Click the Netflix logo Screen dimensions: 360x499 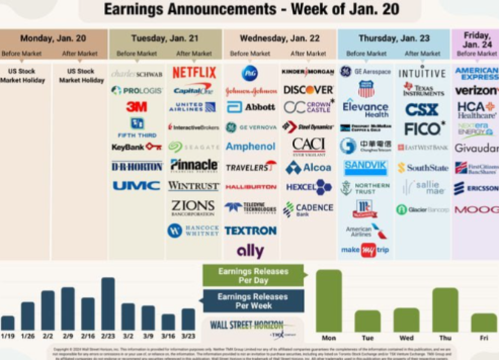point(194,73)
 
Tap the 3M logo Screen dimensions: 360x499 point(136,107)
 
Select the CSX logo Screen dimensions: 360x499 point(421,110)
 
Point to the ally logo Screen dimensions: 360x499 point(250,251)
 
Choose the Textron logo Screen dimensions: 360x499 point(250,231)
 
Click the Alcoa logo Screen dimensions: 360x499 point(308,168)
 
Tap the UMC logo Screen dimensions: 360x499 point(136,186)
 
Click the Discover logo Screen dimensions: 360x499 point(308,90)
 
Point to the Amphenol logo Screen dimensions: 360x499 point(250,146)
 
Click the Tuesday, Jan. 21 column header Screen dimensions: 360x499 point(165,38)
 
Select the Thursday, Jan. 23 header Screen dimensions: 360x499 point(394,38)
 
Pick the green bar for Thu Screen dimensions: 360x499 point(445,310)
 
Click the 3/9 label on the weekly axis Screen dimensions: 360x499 point(148,336)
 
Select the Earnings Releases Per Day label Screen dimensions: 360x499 point(253,275)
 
